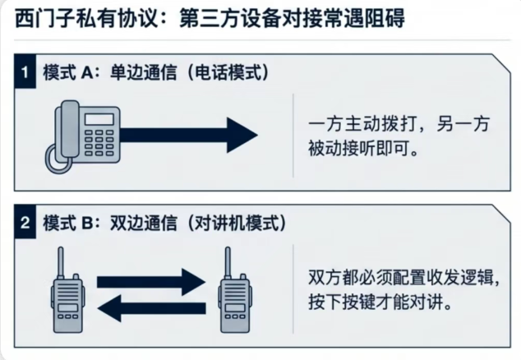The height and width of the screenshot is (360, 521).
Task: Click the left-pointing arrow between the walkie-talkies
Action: click(148, 311)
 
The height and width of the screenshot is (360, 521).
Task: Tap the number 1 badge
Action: click(27, 72)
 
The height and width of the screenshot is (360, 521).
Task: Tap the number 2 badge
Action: click(27, 222)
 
